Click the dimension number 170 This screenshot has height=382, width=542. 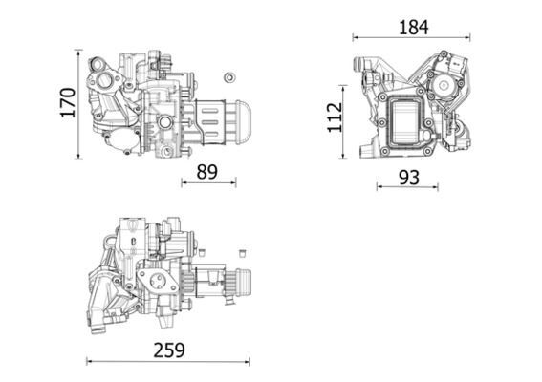pyautogui.click(x=66, y=102)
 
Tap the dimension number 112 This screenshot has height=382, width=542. pyautogui.click(x=334, y=117)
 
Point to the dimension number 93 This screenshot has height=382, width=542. pyautogui.click(x=408, y=177)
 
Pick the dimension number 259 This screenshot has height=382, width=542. pyautogui.click(x=167, y=350)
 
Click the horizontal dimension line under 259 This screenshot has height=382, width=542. pyautogui.click(x=167, y=361)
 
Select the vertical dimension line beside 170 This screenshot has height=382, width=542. pyautogui.click(x=79, y=103)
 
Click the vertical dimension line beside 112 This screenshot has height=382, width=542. pyautogui.click(x=346, y=118)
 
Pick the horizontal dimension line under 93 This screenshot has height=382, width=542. pyautogui.click(x=408, y=187)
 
